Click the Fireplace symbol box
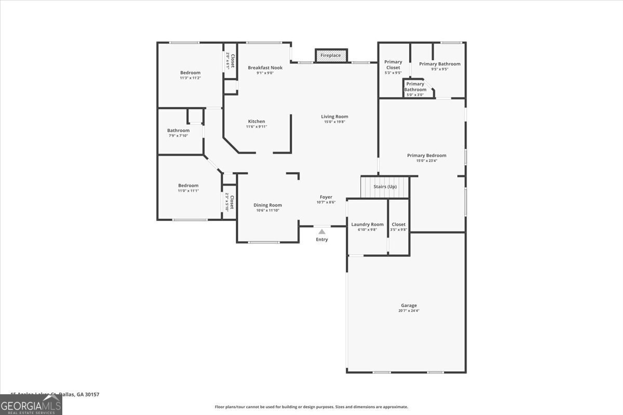[331, 56]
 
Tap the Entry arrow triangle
[322, 232]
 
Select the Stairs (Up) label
[385, 187]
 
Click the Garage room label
[409, 306]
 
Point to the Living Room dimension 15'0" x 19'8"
[334, 121]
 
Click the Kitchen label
[256, 121]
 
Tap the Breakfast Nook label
[265, 67]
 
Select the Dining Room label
[268, 205]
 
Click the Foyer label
[326, 197]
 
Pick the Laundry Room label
[368, 224]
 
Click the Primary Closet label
[393, 65]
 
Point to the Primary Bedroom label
[427, 155]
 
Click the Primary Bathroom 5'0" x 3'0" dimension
[415, 94]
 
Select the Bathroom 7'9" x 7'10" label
[179, 135]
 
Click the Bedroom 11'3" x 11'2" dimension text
[190, 78]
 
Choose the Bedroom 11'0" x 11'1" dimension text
[188, 190]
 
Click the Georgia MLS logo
[31, 405]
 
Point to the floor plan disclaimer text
[311, 407]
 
